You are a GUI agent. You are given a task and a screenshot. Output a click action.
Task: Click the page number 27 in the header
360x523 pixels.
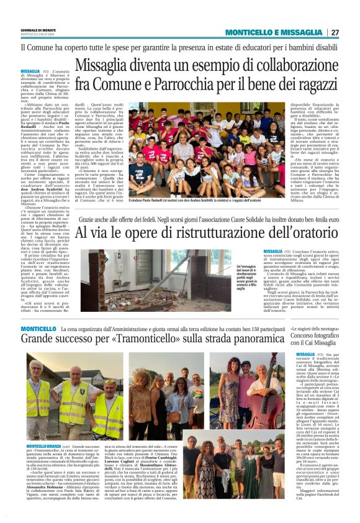click(x=335, y=33)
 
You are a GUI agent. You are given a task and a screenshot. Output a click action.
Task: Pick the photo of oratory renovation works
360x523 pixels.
click(x=156, y=280)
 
